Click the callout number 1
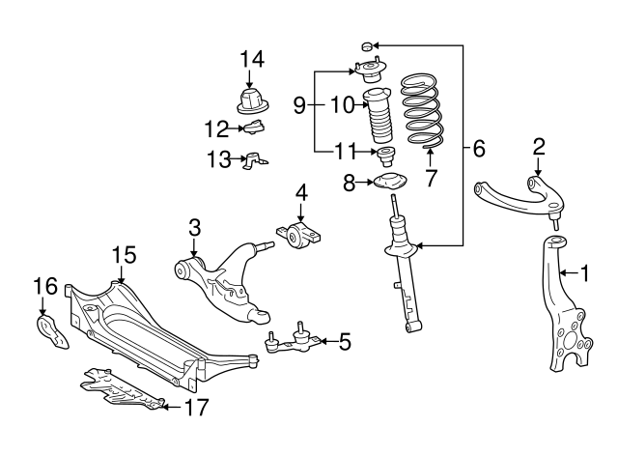[x=584, y=273]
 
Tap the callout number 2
[x=539, y=146]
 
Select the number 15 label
[x=124, y=254]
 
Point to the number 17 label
[x=195, y=408]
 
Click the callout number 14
[x=251, y=60]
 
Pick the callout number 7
[x=432, y=177]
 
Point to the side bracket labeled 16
[x=52, y=330]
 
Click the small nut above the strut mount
[x=366, y=45]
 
